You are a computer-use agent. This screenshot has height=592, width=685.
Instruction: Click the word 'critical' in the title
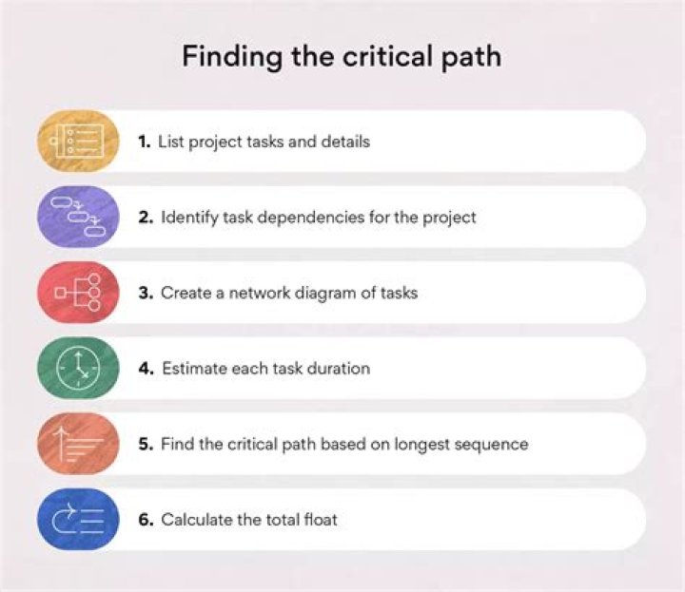click(365, 56)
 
